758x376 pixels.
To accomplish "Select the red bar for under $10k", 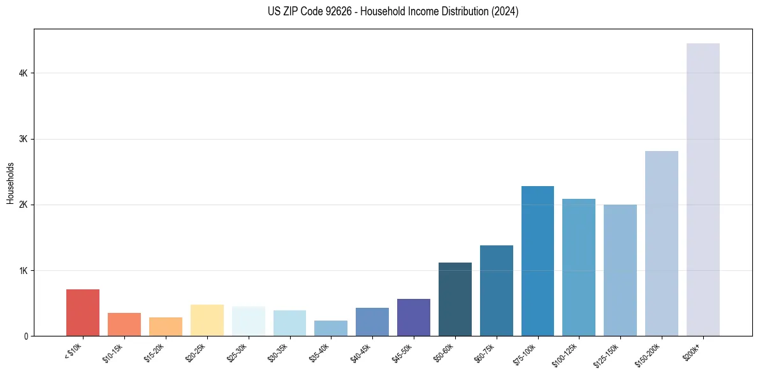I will pos(83,313).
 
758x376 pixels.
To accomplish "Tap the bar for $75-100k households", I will pos(537,261).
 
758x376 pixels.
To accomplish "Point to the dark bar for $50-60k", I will pos(455,299).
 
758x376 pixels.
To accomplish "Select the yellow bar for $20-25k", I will pos(207,320).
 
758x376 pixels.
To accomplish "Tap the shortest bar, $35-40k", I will pos(331,328).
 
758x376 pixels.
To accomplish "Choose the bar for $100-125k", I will pos(579,267).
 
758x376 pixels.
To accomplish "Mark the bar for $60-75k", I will pos(496,291).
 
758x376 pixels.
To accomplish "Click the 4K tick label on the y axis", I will pos(23,73).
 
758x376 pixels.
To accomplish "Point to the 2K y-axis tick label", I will pos(23,205).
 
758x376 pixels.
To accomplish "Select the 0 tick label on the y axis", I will pos(26,336).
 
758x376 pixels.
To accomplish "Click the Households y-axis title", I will pos(10,182).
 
